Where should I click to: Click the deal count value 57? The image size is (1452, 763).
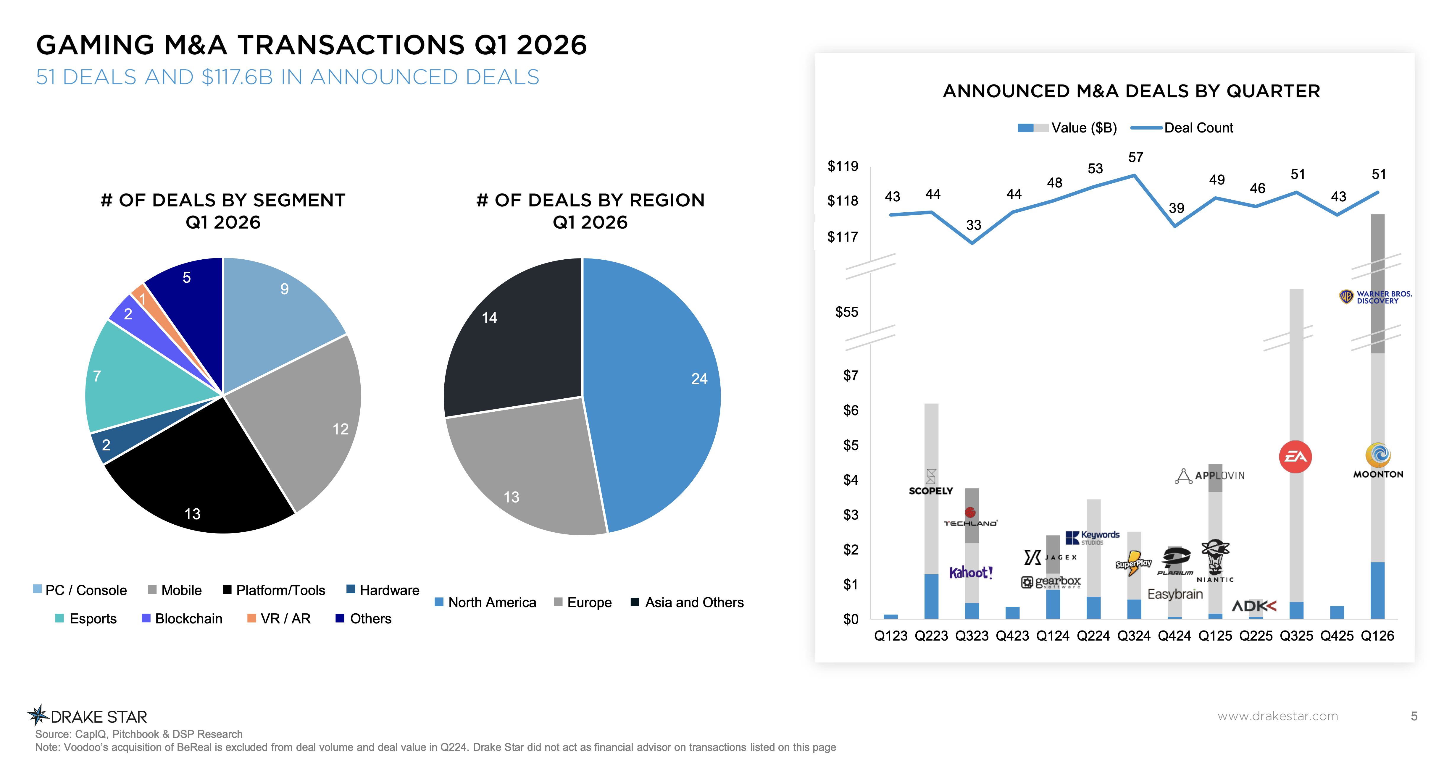1135,158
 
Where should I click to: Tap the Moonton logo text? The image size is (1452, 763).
1378,474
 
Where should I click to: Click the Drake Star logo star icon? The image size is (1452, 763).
38,715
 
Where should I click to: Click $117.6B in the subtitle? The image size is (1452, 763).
237,77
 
